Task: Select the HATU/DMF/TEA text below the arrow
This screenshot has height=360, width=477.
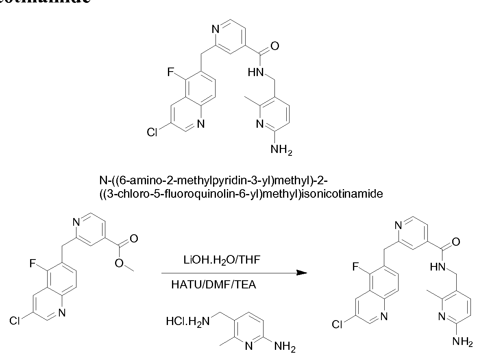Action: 214,284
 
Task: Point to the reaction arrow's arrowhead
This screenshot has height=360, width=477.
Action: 301,273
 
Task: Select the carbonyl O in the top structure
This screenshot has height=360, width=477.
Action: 275,46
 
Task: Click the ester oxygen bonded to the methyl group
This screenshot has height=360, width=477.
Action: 119,263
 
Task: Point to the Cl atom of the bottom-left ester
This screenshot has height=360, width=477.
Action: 14,321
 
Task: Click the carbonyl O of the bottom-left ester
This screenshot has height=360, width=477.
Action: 134,238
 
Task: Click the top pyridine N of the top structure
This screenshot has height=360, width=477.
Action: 216,29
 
